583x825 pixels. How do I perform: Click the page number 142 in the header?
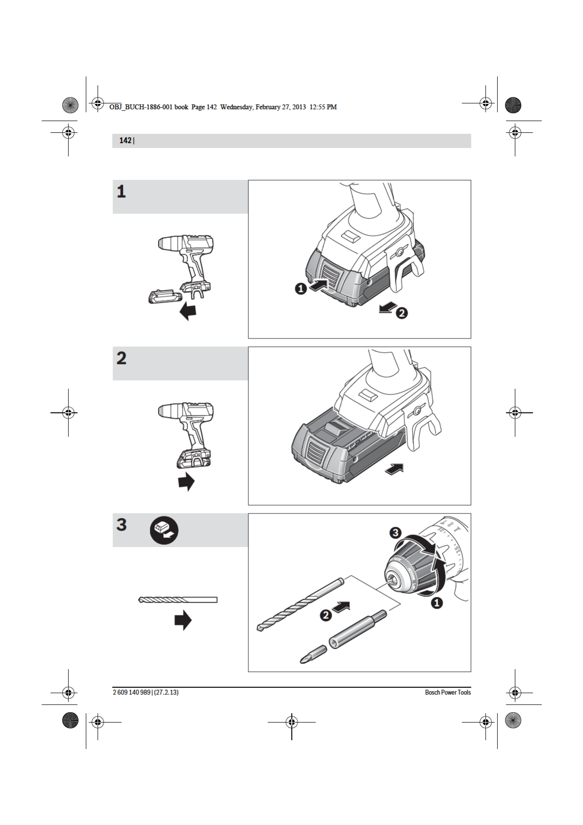click(125, 141)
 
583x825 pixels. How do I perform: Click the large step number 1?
click(121, 192)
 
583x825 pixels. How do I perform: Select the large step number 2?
click(121, 358)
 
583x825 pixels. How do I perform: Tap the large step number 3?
click(121, 525)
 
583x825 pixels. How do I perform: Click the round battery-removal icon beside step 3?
click(164, 531)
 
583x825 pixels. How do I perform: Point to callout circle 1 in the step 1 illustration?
click(301, 289)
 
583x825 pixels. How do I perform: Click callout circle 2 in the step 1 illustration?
click(402, 313)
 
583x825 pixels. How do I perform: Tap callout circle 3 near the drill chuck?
click(395, 533)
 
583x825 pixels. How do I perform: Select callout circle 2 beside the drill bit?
click(326, 615)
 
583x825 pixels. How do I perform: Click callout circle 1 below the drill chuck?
click(437, 603)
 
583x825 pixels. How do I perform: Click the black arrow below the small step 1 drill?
click(188, 311)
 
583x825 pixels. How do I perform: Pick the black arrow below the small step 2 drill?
click(186, 481)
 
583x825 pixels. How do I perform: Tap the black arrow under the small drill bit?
click(183, 620)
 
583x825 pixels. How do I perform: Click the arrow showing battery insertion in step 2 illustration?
click(394, 469)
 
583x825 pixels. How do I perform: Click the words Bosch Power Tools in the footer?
click(448, 692)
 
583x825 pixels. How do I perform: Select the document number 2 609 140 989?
click(132, 692)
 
